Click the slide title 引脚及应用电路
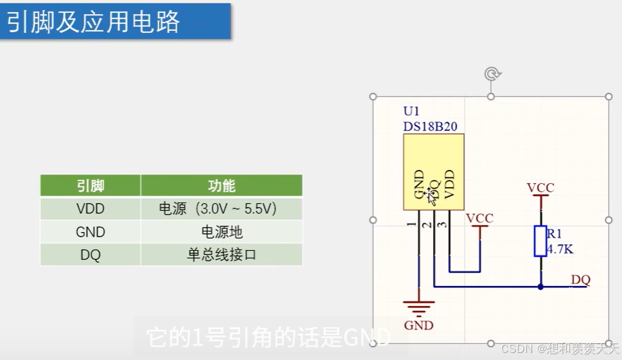click(93, 22)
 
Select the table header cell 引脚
click(90, 186)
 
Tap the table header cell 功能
click(221, 186)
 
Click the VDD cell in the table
click(90, 209)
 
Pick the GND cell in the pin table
click(90, 232)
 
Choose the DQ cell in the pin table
click(90, 255)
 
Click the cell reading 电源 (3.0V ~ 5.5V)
click(221, 209)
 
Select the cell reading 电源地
click(221, 232)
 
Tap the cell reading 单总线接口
click(221, 255)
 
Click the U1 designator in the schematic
click(411, 112)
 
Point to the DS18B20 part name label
click(430, 126)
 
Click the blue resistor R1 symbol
click(540, 240)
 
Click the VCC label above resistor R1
click(540, 188)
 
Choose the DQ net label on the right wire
click(580, 280)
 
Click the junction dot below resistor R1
click(540, 287)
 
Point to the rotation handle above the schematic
click(492, 73)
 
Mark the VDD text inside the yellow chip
click(449, 185)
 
